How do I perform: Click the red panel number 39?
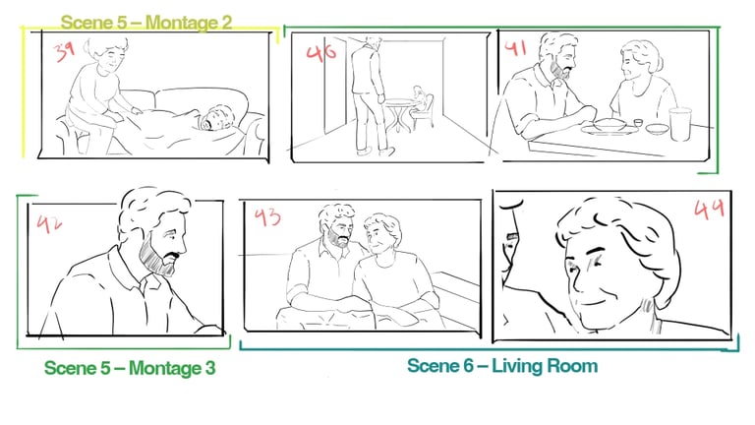64,51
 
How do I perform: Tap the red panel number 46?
321,52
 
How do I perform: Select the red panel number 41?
515,47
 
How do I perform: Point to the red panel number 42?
49,223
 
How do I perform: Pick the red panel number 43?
267,216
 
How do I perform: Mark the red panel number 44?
709,209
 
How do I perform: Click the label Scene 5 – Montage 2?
146,23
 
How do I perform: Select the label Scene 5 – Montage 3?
130,368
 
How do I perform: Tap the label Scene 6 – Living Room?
502,366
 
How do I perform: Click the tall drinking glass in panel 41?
680,124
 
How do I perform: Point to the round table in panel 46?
399,114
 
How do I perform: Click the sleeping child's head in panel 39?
216,118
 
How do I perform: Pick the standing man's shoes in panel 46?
376,152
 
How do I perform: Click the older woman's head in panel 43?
381,232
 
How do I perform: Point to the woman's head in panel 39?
107,54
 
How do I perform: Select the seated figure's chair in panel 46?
424,113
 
